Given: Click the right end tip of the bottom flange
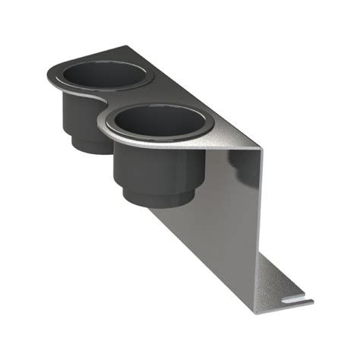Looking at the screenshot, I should pos(310,302).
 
